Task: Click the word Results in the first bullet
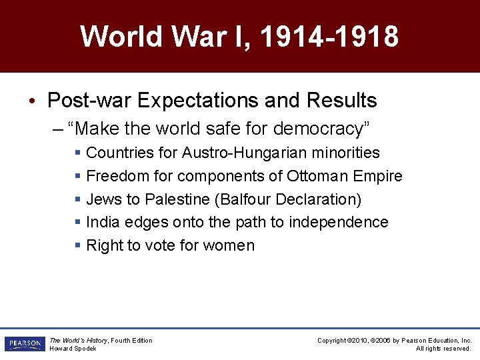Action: [x=341, y=101]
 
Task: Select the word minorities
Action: [x=347, y=153]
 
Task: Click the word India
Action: [x=101, y=222]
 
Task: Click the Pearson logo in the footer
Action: [x=24, y=344]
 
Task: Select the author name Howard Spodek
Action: [x=73, y=349]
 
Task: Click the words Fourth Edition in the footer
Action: [x=131, y=341]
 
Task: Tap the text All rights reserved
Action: [x=443, y=349]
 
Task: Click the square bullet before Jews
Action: [x=78, y=199]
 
